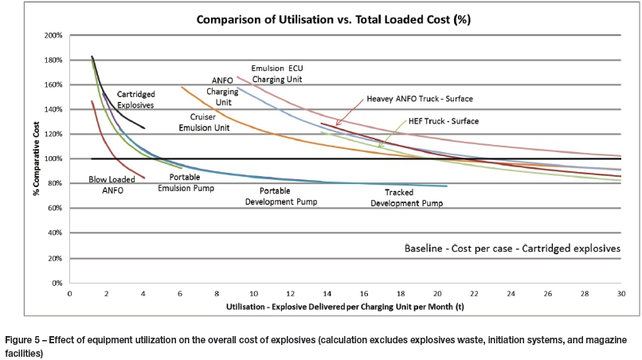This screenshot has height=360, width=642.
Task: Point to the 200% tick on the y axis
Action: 53,36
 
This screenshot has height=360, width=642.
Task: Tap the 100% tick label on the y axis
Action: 53,159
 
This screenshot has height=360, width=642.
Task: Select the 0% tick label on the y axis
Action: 57,283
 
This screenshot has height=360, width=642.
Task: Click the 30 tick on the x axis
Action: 621,293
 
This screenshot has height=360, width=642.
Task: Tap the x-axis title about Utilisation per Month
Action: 346,306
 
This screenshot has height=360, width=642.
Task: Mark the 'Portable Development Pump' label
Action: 289,196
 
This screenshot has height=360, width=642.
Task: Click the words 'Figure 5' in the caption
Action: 23,340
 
